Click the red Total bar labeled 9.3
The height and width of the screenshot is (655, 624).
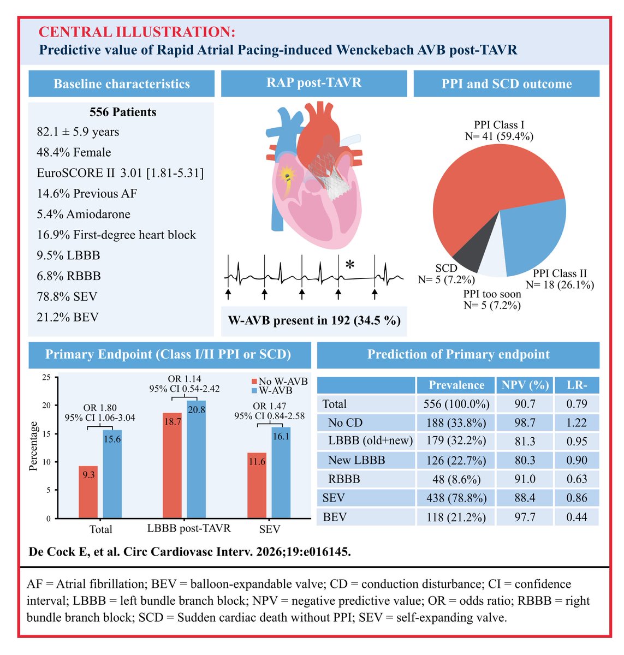pos(88,491)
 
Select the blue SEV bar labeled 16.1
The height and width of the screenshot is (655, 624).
pos(281,475)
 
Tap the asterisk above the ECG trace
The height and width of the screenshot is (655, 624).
pos(350,265)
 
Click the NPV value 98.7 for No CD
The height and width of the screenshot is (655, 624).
pos(525,422)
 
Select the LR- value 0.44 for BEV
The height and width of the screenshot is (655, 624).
pos(577,517)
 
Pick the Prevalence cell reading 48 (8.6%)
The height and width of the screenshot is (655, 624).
pos(456,479)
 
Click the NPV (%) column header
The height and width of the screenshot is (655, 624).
pos(525,385)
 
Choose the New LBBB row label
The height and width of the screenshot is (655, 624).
pos(356,460)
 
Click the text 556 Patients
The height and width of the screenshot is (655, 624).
pos(123,112)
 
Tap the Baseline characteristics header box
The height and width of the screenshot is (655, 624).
pos(122,84)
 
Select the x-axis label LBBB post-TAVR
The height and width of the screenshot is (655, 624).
pos(189,528)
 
